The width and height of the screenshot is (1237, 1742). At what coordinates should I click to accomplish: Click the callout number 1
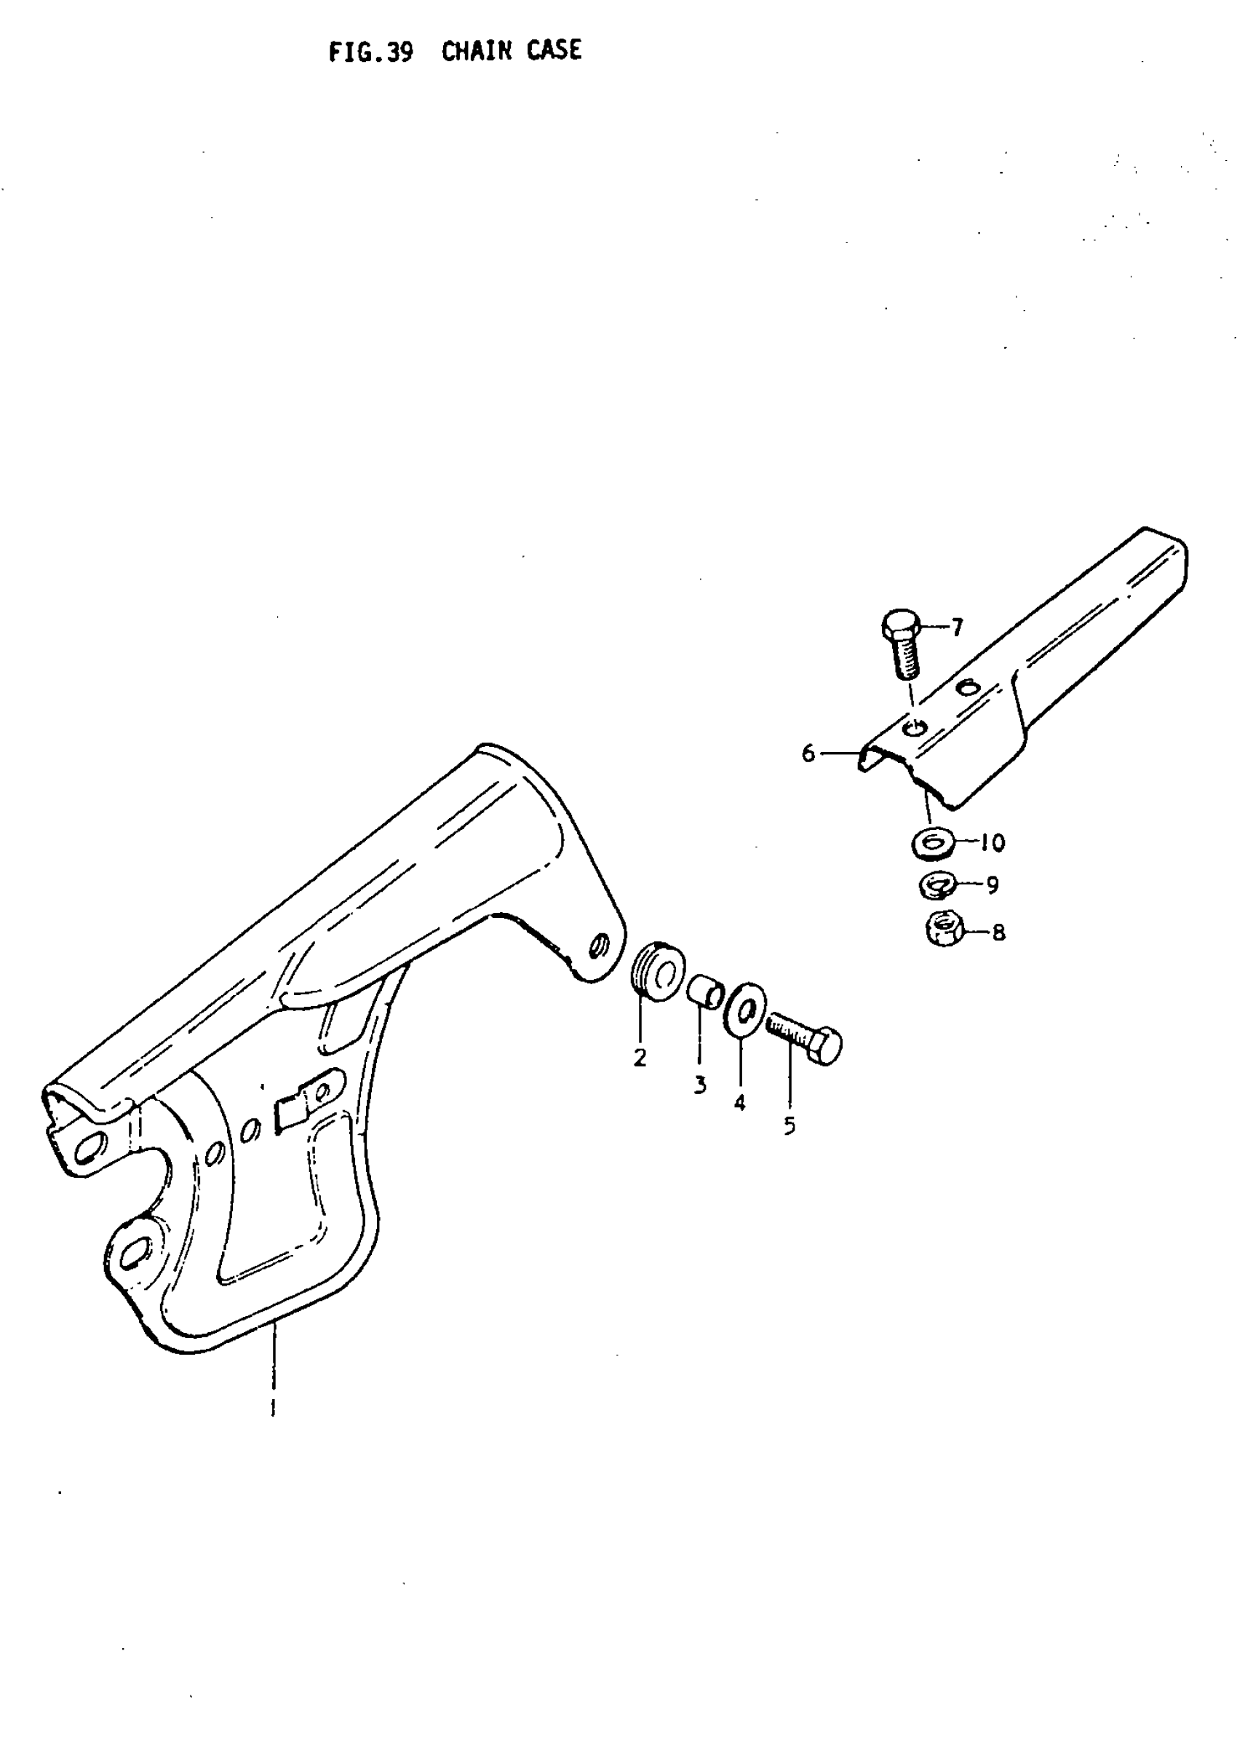(x=273, y=1406)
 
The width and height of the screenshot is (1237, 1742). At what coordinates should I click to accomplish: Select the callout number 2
(x=640, y=1058)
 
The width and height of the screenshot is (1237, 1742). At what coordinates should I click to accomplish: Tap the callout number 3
(x=700, y=1085)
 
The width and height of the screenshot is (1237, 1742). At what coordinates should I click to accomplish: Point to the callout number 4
(x=739, y=1103)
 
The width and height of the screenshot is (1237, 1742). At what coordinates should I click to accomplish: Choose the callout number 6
(x=808, y=753)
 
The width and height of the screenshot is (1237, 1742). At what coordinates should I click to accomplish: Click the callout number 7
(x=957, y=628)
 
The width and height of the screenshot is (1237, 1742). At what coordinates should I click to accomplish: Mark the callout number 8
(x=998, y=933)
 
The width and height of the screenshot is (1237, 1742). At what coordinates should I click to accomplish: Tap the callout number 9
(x=992, y=885)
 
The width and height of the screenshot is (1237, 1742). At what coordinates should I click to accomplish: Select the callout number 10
(x=993, y=842)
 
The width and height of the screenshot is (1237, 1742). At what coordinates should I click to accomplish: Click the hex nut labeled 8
(x=944, y=930)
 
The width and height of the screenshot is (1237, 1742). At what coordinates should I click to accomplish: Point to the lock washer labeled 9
(x=936, y=885)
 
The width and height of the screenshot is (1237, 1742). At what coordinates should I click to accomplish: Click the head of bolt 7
(x=901, y=625)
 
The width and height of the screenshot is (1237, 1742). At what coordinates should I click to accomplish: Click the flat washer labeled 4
(x=747, y=1009)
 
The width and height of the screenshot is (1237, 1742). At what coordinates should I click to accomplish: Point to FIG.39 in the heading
(x=371, y=52)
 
